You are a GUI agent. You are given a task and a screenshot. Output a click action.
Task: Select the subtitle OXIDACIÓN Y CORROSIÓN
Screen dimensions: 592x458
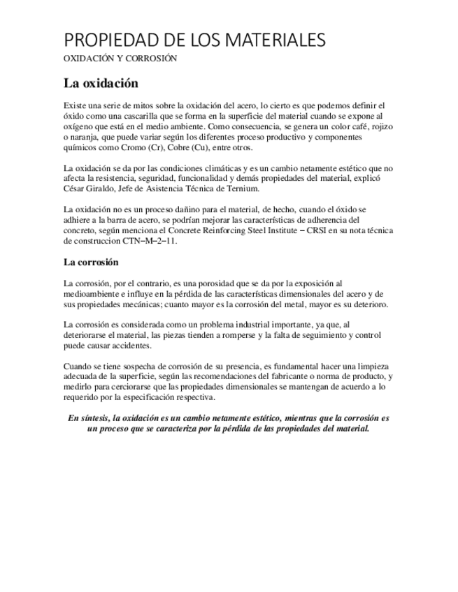coord(120,59)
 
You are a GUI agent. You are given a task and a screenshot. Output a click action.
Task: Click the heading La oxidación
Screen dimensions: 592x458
coord(101,83)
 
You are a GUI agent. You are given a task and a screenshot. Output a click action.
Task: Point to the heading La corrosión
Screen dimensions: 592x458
coord(91,262)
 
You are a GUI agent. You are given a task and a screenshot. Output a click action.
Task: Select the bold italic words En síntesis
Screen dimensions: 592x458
coord(92,418)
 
